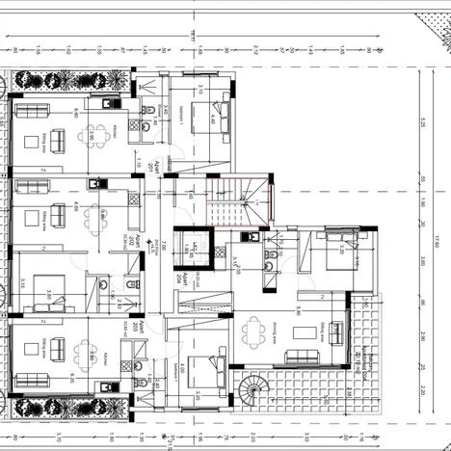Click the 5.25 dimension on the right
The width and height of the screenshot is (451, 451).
(x=422, y=122)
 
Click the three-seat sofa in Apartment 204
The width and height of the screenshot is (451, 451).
(x=336, y=332)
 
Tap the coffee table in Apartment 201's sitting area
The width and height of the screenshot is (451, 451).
(x=40, y=139)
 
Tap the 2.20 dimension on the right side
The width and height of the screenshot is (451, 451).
(x=422, y=389)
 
